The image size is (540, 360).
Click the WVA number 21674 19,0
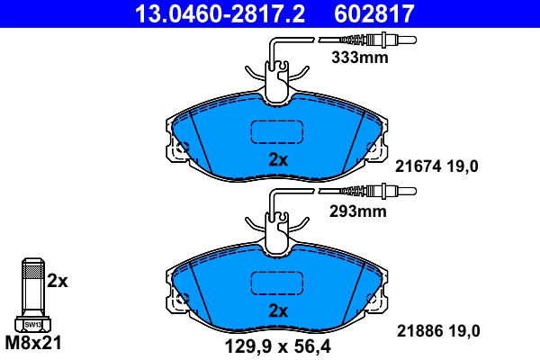[x=438, y=165]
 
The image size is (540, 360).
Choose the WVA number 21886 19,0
[x=438, y=331]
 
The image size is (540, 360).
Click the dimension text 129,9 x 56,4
[x=276, y=344]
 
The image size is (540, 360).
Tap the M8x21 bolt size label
[x=33, y=344]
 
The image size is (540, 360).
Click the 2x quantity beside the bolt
[x=58, y=281]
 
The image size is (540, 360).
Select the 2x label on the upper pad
[x=278, y=160]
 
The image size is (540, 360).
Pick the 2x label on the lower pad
[x=278, y=311]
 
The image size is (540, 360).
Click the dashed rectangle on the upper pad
[x=278, y=132]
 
